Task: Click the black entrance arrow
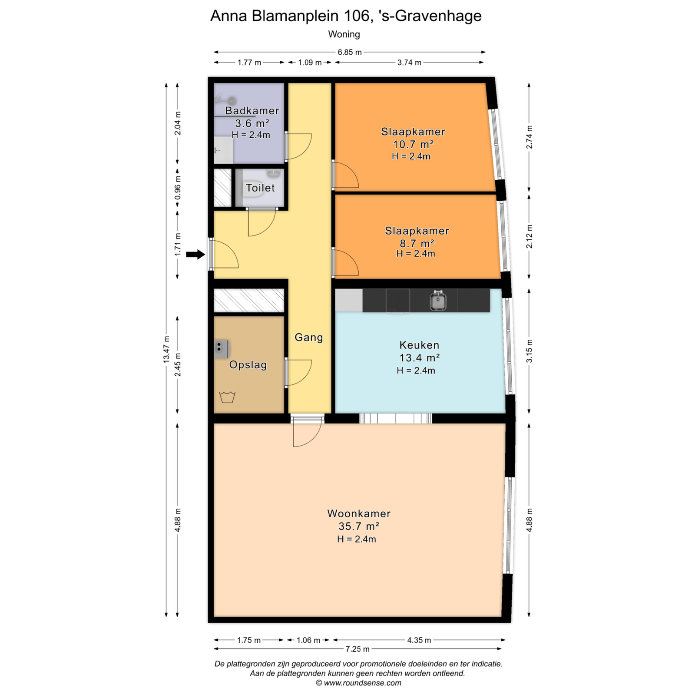pyautogui.click(x=195, y=255)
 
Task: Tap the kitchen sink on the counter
pyautogui.click(x=438, y=301)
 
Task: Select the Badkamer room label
pyautogui.click(x=252, y=111)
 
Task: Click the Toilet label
pyautogui.click(x=260, y=188)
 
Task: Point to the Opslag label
pyautogui.click(x=248, y=365)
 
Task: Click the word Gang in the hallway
pyautogui.click(x=309, y=338)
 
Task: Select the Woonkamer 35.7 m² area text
pyautogui.click(x=359, y=526)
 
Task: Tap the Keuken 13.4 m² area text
pyautogui.click(x=420, y=358)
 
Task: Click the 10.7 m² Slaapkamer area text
pyautogui.click(x=414, y=144)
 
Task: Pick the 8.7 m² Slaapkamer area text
pyautogui.click(x=417, y=243)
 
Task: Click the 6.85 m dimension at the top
pyautogui.click(x=350, y=52)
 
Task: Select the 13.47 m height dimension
pyautogui.click(x=166, y=350)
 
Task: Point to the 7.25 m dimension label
pyautogui.click(x=357, y=649)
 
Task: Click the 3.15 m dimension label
pyautogui.click(x=529, y=351)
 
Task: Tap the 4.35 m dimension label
pyautogui.click(x=419, y=640)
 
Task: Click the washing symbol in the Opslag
pyautogui.click(x=227, y=397)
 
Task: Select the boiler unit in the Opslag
pyautogui.click(x=222, y=349)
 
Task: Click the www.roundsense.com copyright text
pyautogui.click(x=358, y=683)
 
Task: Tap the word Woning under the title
pyautogui.click(x=344, y=34)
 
